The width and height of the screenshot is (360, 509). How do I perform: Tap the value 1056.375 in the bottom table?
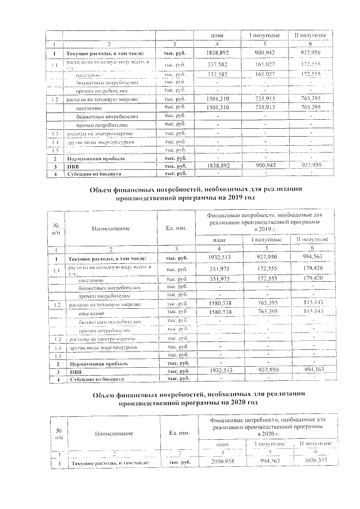(313, 461)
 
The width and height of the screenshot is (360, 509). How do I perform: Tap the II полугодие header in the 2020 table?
(313, 444)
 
